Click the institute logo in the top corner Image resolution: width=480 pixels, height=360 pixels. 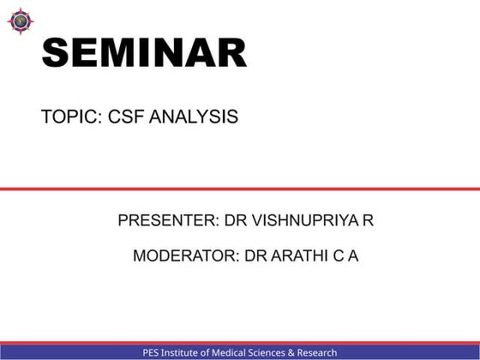(x=21, y=20)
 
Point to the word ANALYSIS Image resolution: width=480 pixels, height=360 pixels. (x=194, y=117)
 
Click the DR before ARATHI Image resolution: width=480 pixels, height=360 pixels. (x=256, y=255)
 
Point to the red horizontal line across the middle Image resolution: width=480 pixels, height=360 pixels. (x=240, y=189)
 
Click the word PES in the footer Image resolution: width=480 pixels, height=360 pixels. (x=153, y=352)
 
